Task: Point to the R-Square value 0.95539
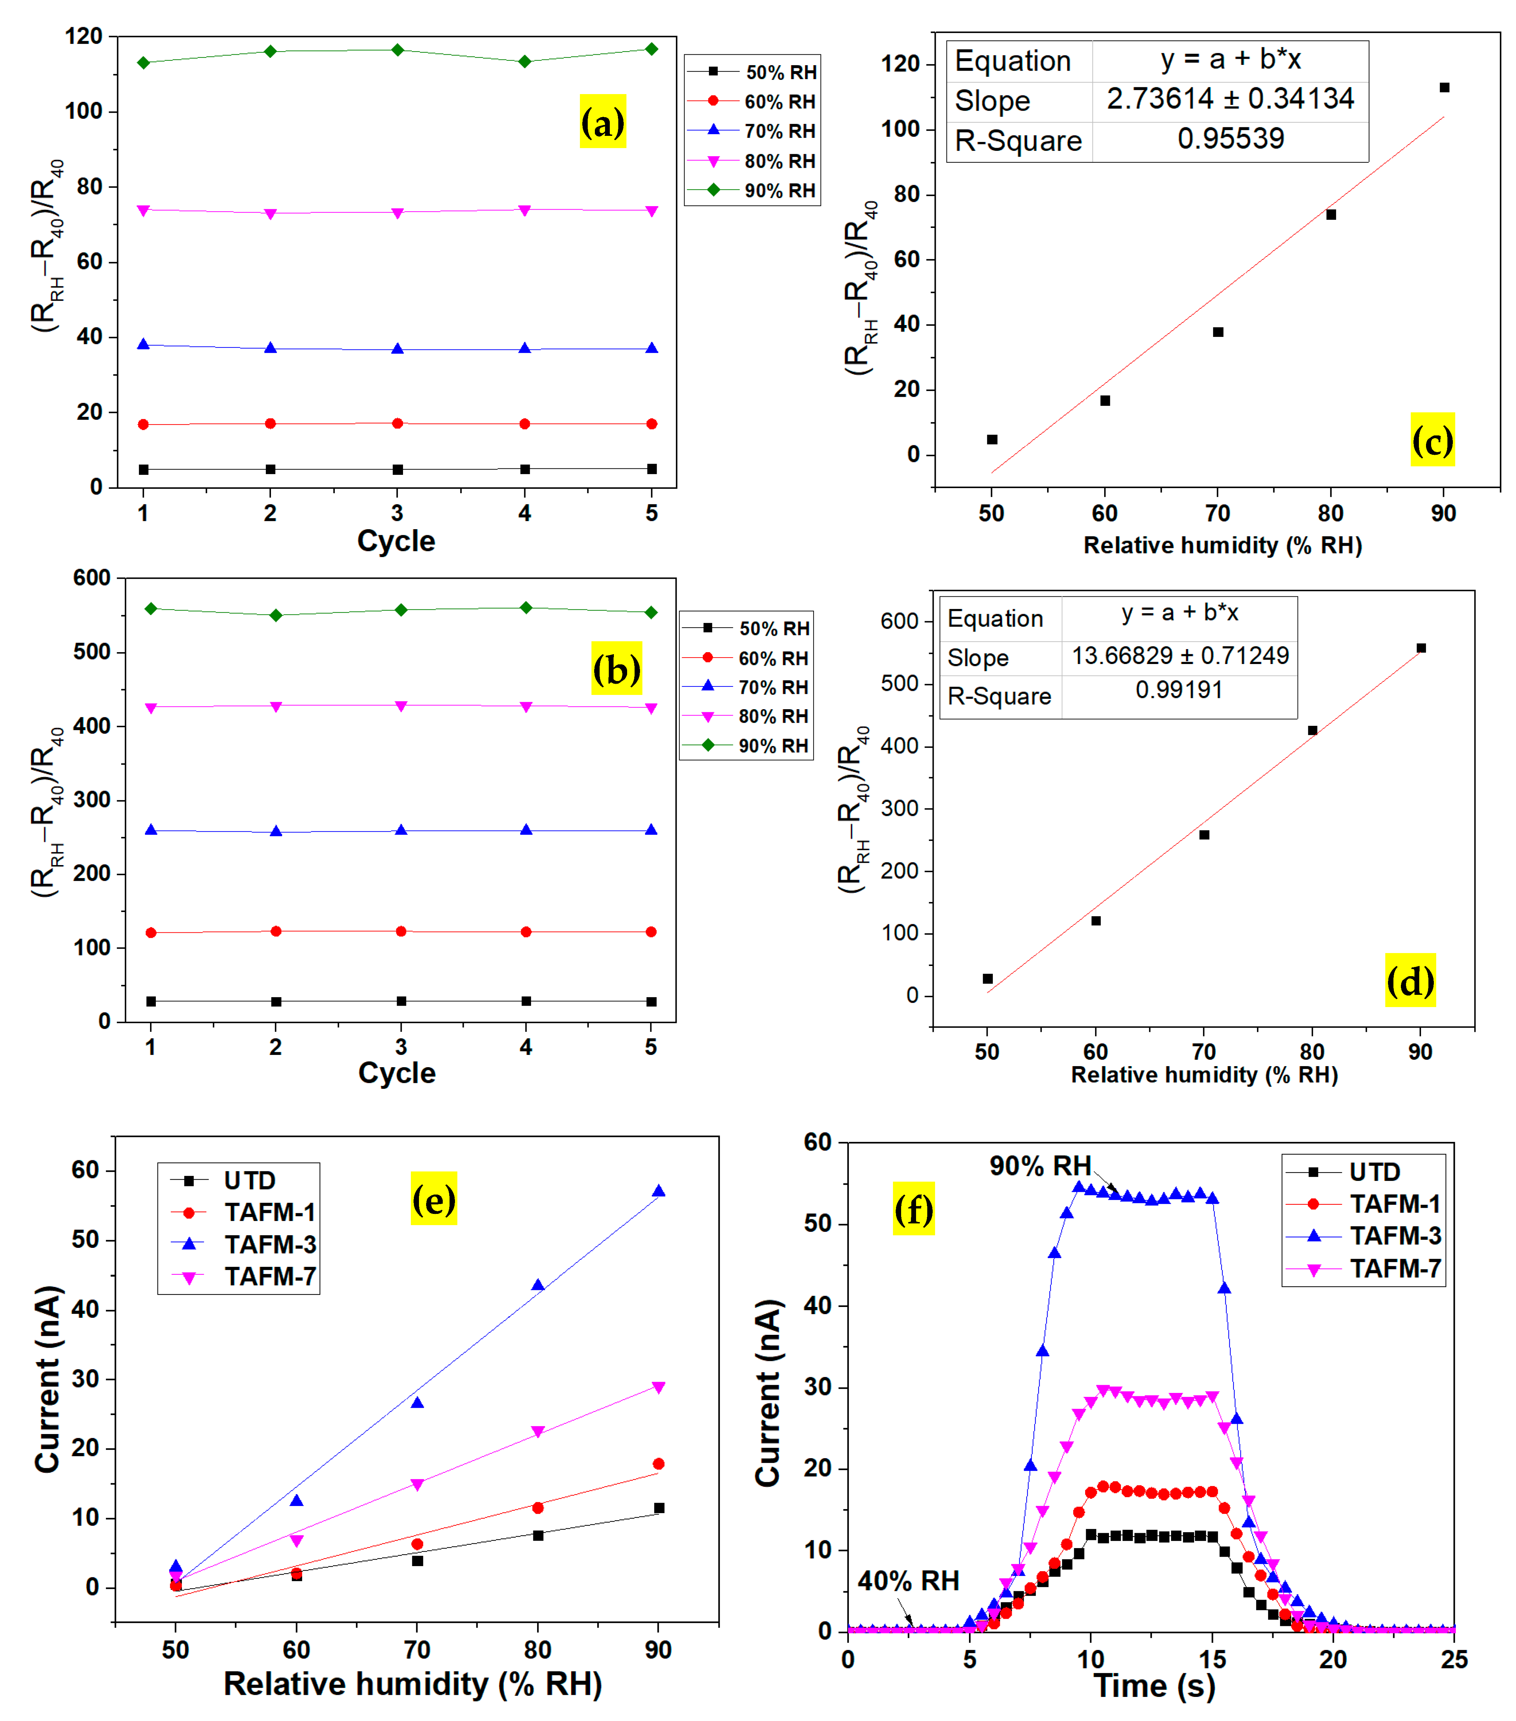(1230, 139)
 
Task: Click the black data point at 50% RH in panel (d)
(987, 979)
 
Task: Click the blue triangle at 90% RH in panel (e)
(658, 1190)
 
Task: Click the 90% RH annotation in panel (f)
(1040, 1166)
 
